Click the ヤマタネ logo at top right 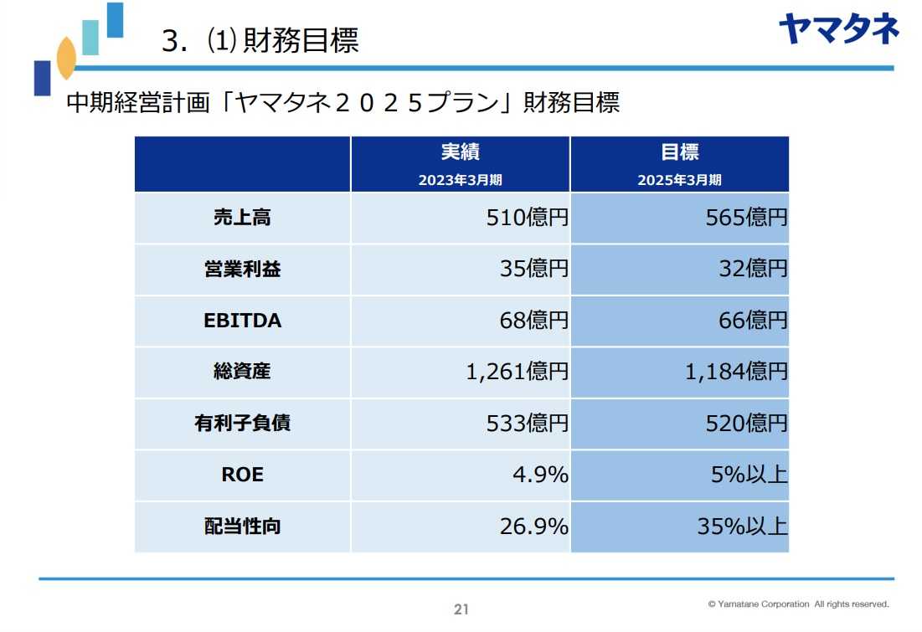click(x=837, y=28)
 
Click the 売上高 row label click(x=242, y=218)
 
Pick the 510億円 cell click(x=527, y=218)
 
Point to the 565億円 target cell click(x=746, y=218)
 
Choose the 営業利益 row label click(x=242, y=270)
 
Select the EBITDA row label click(x=242, y=321)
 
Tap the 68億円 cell click(x=537, y=321)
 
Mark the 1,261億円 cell click(x=517, y=372)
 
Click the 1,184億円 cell click(x=736, y=372)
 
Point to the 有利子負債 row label click(x=242, y=424)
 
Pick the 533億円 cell click(x=527, y=424)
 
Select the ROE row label click(x=242, y=475)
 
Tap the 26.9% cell click(x=534, y=527)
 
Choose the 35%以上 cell click(x=742, y=527)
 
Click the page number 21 click(x=461, y=609)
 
